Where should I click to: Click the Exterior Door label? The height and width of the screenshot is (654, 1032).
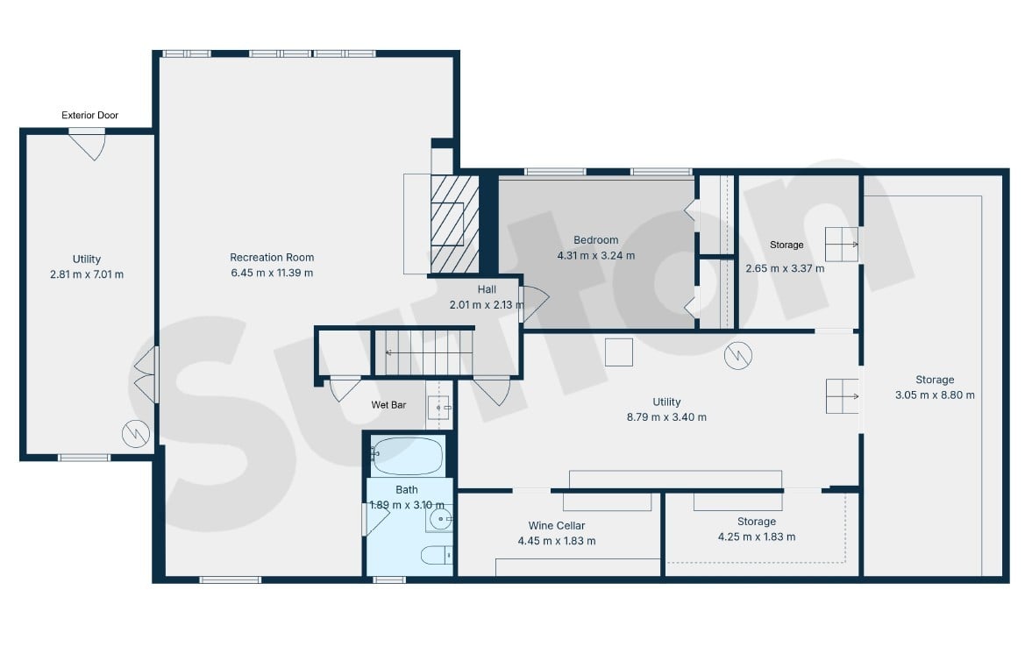point(90,115)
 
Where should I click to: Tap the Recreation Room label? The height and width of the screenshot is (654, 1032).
point(272,257)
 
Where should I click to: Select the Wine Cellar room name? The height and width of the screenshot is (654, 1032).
point(556,525)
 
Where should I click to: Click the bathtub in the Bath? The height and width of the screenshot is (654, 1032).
point(407,456)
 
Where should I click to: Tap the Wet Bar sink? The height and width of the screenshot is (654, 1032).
point(439,408)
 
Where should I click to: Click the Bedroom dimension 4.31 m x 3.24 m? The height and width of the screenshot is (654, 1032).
point(596,255)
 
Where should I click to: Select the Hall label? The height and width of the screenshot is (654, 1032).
point(487,289)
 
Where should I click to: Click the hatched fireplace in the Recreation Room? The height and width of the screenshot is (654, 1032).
point(455,224)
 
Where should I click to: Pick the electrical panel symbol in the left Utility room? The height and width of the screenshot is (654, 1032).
point(136,434)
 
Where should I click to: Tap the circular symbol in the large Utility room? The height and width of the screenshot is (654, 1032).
point(737,355)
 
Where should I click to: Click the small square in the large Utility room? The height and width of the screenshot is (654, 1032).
point(619,352)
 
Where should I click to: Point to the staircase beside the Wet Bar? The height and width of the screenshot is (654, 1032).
point(423,352)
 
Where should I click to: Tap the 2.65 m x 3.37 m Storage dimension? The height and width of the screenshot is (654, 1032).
point(786,268)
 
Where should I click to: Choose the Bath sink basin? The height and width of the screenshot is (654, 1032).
point(439,520)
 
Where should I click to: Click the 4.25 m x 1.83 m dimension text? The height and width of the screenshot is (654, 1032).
point(757,537)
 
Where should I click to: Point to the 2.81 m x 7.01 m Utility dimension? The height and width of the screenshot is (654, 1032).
point(87,274)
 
